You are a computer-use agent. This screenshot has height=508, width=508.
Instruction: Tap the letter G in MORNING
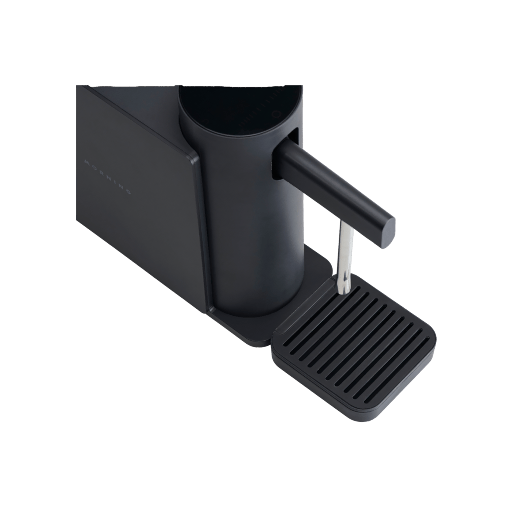128,193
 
